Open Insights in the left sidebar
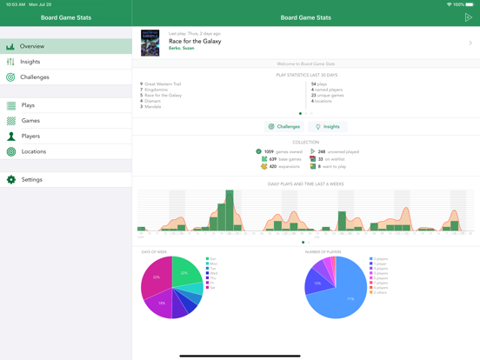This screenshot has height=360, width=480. click(x=30, y=62)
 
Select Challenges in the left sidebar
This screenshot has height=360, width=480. click(x=35, y=77)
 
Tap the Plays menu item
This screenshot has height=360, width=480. click(x=28, y=105)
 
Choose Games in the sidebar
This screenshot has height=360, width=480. click(x=30, y=121)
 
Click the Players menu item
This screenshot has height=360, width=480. click(x=30, y=136)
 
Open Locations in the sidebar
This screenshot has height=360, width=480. click(x=34, y=151)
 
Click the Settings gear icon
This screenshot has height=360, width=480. click(x=11, y=180)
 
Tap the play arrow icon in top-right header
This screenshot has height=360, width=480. click(x=468, y=17)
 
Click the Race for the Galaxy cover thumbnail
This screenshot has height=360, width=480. click(x=150, y=43)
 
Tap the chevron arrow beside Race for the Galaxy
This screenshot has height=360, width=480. click(x=470, y=43)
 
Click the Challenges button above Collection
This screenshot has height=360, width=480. click(x=284, y=127)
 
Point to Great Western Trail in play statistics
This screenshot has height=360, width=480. click(x=165, y=84)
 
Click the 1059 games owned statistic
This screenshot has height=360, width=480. click(x=280, y=151)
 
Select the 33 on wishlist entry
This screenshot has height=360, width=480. click(x=330, y=159)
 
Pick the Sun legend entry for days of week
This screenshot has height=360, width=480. click(x=212, y=258)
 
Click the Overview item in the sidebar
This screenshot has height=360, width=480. click(x=32, y=46)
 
